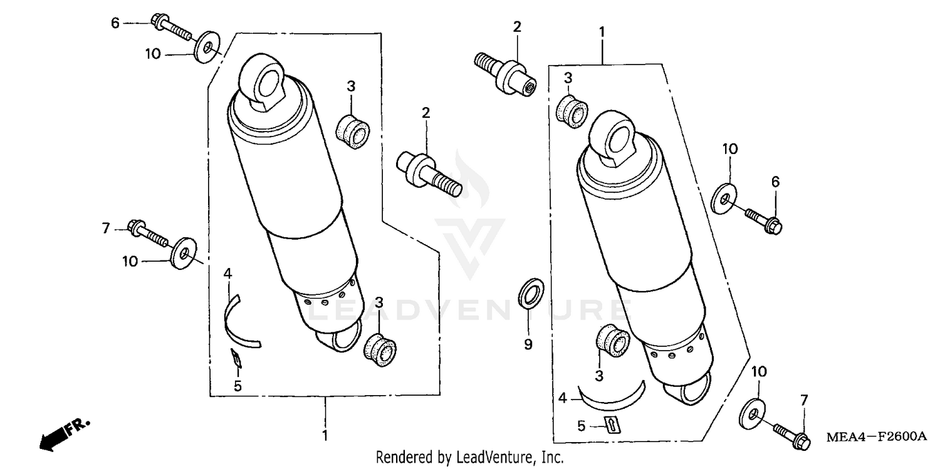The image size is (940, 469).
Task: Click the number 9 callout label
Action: [528, 344]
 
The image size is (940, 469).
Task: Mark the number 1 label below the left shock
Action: [325, 434]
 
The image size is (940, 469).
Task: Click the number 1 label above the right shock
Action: [602, 30]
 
